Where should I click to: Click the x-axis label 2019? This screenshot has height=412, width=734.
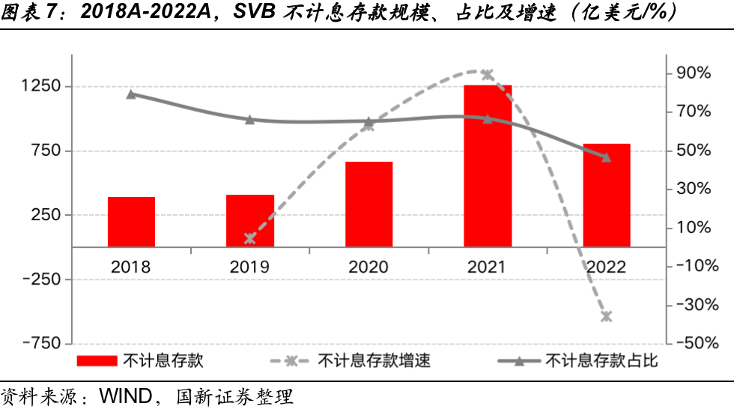tap(250, 267)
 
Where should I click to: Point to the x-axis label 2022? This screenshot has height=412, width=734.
tap(607, 267)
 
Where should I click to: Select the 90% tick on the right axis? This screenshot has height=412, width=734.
tap(693, 73)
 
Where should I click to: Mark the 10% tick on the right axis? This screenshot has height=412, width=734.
tap(693, 227)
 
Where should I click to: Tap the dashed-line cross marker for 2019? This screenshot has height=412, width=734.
tap(250, 239)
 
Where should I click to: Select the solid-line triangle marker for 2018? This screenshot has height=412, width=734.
tap(131, 94)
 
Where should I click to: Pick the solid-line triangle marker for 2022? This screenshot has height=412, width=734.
tap(607, 157)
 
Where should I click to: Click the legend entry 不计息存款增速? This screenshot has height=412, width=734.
tap(374, 361)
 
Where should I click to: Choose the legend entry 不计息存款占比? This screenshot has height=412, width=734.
tap(601, 361)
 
